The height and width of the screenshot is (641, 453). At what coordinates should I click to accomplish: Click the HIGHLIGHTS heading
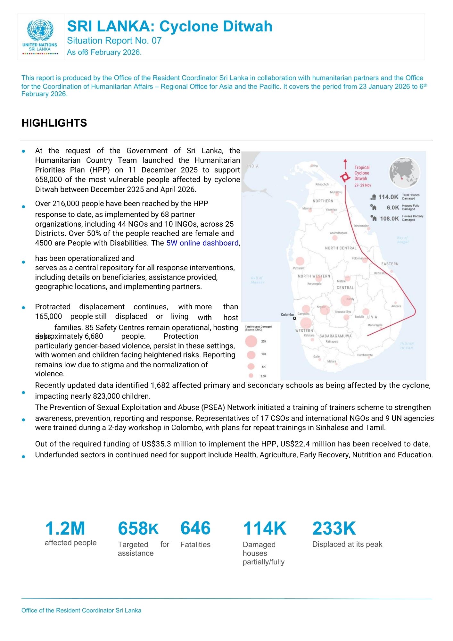pos(54,123)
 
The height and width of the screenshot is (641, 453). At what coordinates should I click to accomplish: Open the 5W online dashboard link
pos(202,243)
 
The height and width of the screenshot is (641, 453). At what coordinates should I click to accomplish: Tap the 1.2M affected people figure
pos(65,529)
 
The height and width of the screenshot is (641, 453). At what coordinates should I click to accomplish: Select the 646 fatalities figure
pos(195,528)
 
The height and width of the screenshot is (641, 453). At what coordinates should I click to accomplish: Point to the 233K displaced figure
pos(334,529)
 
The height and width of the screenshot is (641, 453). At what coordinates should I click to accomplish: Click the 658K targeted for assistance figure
pos(138,529)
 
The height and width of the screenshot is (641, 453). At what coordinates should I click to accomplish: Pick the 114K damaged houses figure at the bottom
pos(265,529)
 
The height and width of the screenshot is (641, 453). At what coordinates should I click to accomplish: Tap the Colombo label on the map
pos(287,315)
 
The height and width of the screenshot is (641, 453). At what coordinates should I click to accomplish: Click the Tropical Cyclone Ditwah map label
pos(362,173)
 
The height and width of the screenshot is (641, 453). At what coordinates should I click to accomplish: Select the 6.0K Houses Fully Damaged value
pos(392,208)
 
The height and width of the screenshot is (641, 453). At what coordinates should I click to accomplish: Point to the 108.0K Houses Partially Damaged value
pos(389,219)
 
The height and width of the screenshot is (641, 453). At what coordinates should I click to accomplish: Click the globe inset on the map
pos(404,172)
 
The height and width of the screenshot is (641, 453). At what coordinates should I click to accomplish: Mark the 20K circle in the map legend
pos(251,341)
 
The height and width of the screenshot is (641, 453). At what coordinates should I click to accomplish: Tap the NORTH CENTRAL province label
pos(340,248)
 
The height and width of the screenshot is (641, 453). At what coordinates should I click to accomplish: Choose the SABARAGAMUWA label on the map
pos(335,336)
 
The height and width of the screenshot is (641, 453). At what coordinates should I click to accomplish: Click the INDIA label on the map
pos(253,166)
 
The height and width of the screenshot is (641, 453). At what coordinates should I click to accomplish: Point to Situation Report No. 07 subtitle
pos(114,41)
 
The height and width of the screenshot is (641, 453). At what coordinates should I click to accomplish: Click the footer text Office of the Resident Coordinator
pos(81,611)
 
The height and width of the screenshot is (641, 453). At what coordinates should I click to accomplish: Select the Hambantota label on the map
pos(365,355)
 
